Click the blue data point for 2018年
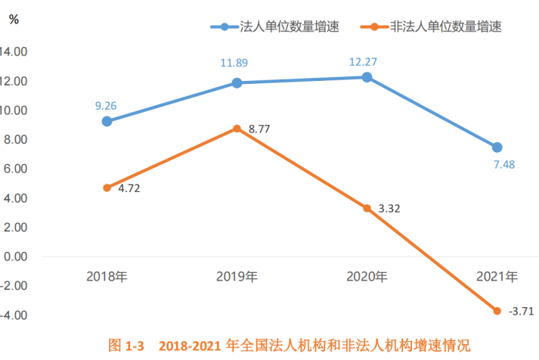pos(107,121)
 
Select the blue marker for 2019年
pos(237,82)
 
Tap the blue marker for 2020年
pos(367,77)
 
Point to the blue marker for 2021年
pos(497,147)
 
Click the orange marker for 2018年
pos(107,188)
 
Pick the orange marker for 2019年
pos(237,129)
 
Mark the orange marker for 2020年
pos(367,208)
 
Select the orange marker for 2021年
pos(497,311)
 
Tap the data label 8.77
pos(259,129)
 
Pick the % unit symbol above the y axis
pos(14,20)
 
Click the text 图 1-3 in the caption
pos(125,346)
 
